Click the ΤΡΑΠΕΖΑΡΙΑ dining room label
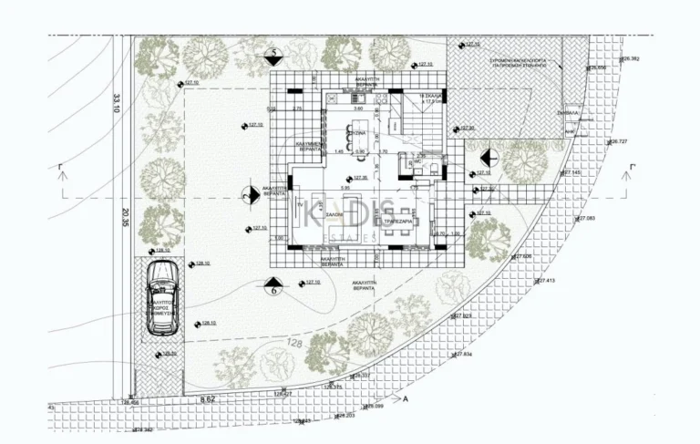click(x=400, y=222)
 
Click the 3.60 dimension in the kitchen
click(x=357, y=109)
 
